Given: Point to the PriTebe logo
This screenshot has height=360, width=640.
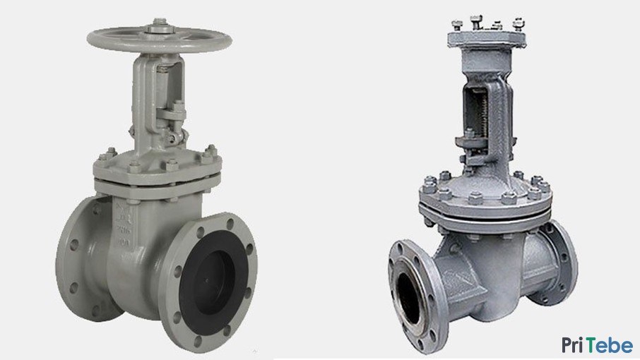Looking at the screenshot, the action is [597, 345].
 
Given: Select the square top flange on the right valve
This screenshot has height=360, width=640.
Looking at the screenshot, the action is [487, 39].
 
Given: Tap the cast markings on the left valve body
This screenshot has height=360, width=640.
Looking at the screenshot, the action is [122, 222].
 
